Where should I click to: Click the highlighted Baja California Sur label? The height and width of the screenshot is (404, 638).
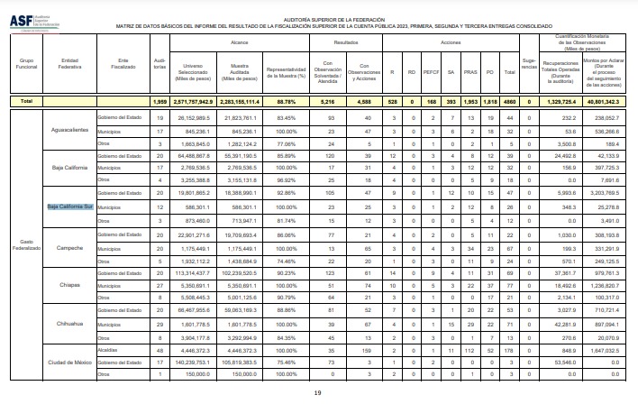(x=70, y=206)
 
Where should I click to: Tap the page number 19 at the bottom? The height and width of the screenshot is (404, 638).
(x=317, y=393)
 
